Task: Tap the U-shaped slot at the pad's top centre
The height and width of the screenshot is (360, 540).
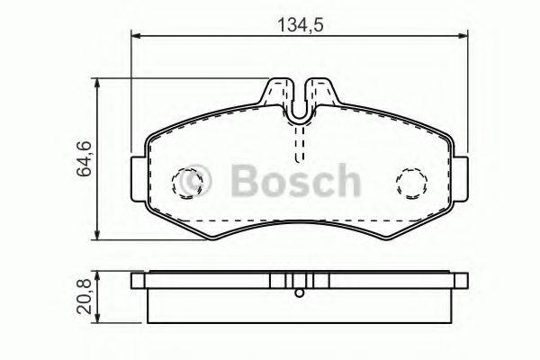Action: click(x=300, y=105)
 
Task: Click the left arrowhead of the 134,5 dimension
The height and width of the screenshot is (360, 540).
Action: click(x=137, y=36)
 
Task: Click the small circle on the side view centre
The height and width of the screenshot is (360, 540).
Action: click(x=300, y=290)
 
